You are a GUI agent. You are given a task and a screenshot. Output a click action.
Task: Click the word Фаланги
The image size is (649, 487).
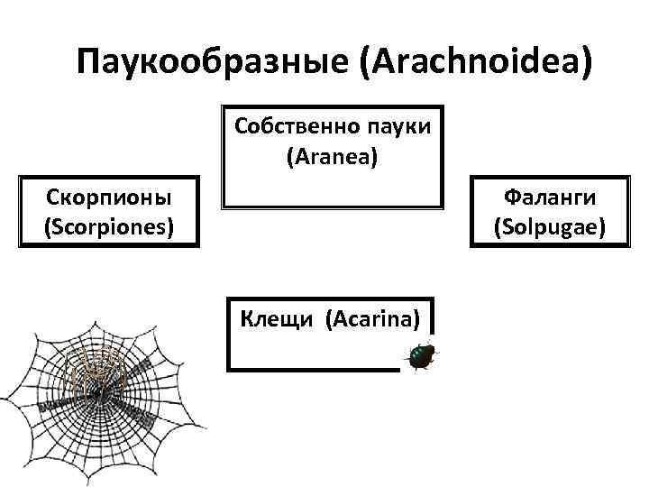point(550,196)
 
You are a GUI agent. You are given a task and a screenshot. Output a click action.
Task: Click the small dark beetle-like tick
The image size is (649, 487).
point(421,357)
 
